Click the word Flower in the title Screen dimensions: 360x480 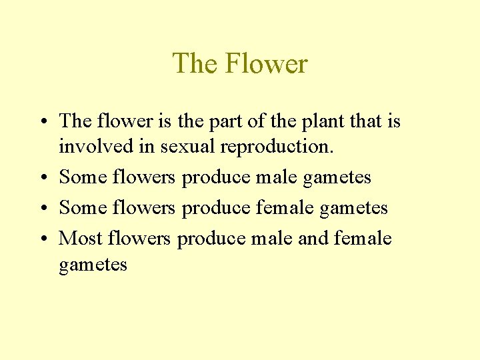266,64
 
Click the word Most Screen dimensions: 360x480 80,238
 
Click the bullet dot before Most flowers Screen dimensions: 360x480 42,239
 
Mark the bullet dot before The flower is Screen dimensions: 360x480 42,122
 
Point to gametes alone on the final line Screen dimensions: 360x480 93,265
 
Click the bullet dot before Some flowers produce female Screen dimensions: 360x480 42,208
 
